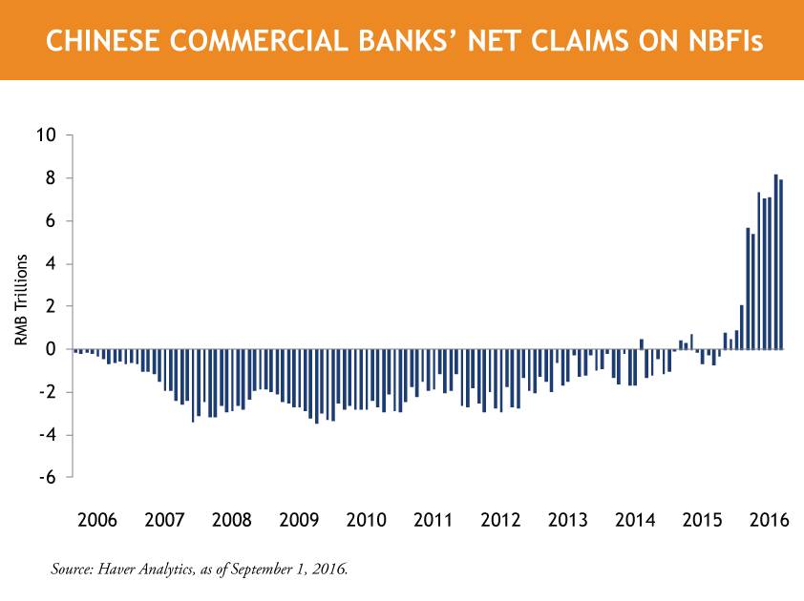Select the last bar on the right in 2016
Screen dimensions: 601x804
coord(781,262)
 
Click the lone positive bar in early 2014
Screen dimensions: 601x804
coord(642,343)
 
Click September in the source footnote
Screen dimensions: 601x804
coord(259,570)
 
